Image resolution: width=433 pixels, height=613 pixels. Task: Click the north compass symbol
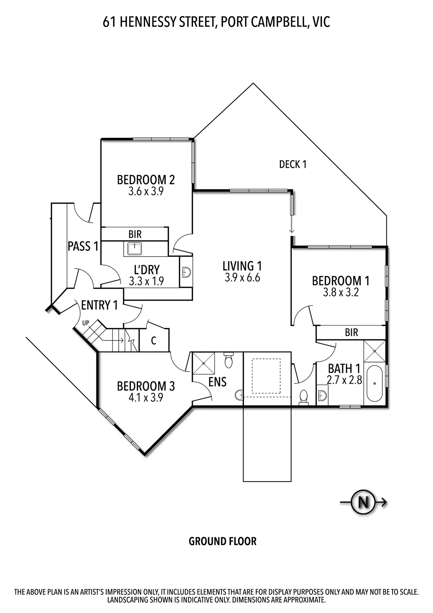364,503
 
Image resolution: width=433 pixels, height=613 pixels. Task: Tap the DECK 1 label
293,164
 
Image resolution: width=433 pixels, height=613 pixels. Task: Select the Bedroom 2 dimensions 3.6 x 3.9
146,192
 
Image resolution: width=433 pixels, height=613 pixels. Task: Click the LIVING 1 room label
242,266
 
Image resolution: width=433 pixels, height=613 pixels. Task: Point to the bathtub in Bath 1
374,383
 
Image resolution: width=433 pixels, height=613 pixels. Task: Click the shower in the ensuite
203,363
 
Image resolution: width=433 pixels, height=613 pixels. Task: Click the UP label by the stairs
86,323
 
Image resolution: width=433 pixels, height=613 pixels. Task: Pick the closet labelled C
154,341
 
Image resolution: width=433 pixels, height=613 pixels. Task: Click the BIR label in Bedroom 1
352,333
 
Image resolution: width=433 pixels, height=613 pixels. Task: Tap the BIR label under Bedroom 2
135,234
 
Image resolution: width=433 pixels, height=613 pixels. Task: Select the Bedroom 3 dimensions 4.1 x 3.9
146,398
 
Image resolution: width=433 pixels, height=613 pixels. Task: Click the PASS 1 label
83,246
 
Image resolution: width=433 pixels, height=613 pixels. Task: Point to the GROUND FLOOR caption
222,541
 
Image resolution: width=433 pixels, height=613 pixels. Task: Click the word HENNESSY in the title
148,22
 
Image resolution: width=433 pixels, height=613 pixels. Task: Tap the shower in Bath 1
374,351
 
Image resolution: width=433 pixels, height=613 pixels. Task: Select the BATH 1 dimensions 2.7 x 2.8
344,380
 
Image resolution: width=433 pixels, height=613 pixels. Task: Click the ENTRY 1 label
99,305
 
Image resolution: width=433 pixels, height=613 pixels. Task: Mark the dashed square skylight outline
267,376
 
